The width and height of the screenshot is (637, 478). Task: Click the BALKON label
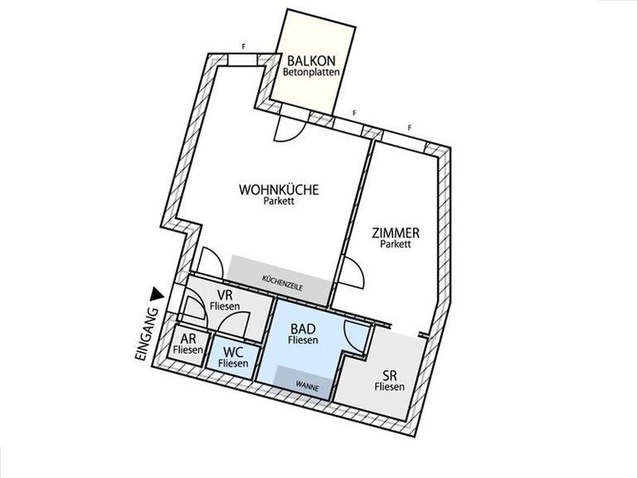tap(311, 61)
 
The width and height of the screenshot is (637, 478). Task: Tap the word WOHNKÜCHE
tap(279, 190)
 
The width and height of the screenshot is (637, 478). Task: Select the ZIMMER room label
tap(396, 233)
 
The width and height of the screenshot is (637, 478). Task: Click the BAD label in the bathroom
tap(303, 329)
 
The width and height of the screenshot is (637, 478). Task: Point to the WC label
tap(233, 352)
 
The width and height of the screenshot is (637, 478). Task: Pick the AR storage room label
tap(187, 339)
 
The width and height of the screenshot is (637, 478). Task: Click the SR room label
tap(390, 375)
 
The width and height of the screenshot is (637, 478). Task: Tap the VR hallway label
tap(225, 295)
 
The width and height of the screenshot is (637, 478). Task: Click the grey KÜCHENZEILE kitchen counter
tap(279, 280)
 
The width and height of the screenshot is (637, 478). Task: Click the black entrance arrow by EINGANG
tap(157, 295)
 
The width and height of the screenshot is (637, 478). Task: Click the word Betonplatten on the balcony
tap(311, 73)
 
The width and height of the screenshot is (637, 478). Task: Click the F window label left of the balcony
tap(244, 46)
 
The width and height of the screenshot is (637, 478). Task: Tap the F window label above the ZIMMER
tap(410, 128)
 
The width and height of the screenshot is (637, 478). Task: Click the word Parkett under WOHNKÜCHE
tap(279, 201)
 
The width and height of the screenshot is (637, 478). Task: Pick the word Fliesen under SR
tap(390, 387)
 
